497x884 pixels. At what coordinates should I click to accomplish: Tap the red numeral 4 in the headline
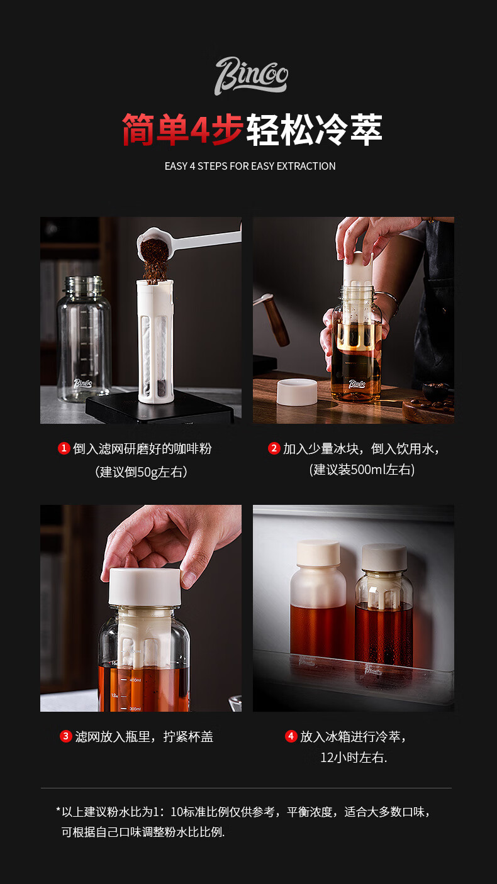(200, 130)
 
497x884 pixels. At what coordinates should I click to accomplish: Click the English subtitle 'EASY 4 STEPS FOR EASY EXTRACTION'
(250, 166)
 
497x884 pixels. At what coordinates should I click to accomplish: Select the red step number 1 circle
(64, 448)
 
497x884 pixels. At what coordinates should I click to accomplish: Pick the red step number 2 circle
(274, 448)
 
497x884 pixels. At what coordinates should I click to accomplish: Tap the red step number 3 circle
(66, 736)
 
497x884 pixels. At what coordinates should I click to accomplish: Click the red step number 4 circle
(291, 736)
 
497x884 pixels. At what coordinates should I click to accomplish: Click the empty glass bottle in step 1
(84, 339)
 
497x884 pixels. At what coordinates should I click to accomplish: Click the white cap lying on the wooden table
(297, 392)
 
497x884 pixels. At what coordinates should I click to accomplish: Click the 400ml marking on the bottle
(135, 680)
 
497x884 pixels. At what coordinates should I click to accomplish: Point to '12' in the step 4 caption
(327, 758)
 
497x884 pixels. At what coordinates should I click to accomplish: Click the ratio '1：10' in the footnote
(167, 812)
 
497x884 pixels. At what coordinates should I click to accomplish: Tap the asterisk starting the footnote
(58, 810)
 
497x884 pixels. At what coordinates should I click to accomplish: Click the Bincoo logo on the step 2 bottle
(357, 384)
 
